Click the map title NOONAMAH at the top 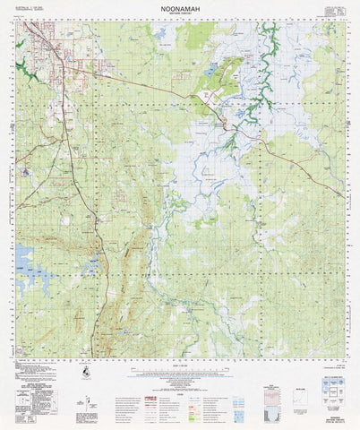tap(180, 5)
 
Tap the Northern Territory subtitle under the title tap(180, 12)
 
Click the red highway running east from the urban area tap(143, 85)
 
